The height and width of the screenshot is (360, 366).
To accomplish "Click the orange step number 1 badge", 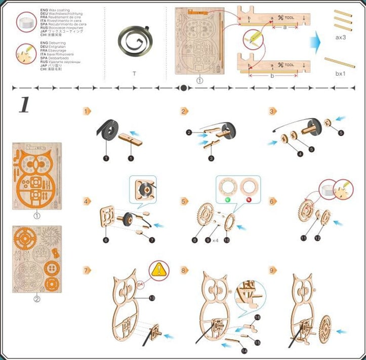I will (87, 110).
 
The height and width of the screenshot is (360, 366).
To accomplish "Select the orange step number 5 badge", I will (184, 202).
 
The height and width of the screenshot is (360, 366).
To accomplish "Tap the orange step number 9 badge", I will (273, 270).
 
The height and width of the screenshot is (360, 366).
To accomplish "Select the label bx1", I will (340, 74).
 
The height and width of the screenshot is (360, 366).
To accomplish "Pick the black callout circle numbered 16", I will (257, 317).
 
